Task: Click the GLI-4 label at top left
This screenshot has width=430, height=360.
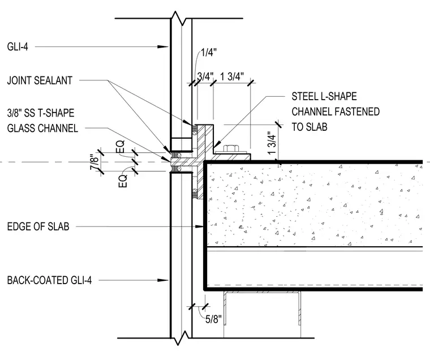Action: pyautogui.click(x=18, y=46)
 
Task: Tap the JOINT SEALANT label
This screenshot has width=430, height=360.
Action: pyautogui.click(x=40, y=80)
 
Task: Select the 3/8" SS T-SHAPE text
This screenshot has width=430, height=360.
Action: pyautogui.click(x=41, y=113)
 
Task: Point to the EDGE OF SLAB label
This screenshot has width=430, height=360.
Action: pyautogui.click(x=38, y=226)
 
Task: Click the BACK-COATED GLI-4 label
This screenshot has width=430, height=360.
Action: pyautogui.click(x=49, y=280)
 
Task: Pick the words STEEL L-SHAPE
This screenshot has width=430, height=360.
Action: pyautogui.click(x=324, y=96)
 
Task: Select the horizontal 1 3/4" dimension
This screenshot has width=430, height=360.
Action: pyautogui.click(x=232, y=76)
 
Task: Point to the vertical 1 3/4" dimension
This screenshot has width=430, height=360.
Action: pyautogui.click(x=272, y=143)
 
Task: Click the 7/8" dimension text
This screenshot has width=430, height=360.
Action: pyautogui.click(x=94, y=162)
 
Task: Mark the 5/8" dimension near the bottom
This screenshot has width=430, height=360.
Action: pyautogui.click(x=213, y=319)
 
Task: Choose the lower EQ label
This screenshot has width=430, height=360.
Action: pyautogui.click(x=123, y=181)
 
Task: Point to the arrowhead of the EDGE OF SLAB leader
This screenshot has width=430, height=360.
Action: pyautogui.click(x=199, y=226)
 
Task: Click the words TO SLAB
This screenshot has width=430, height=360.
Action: pyautogui.click(x=309, y=127)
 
